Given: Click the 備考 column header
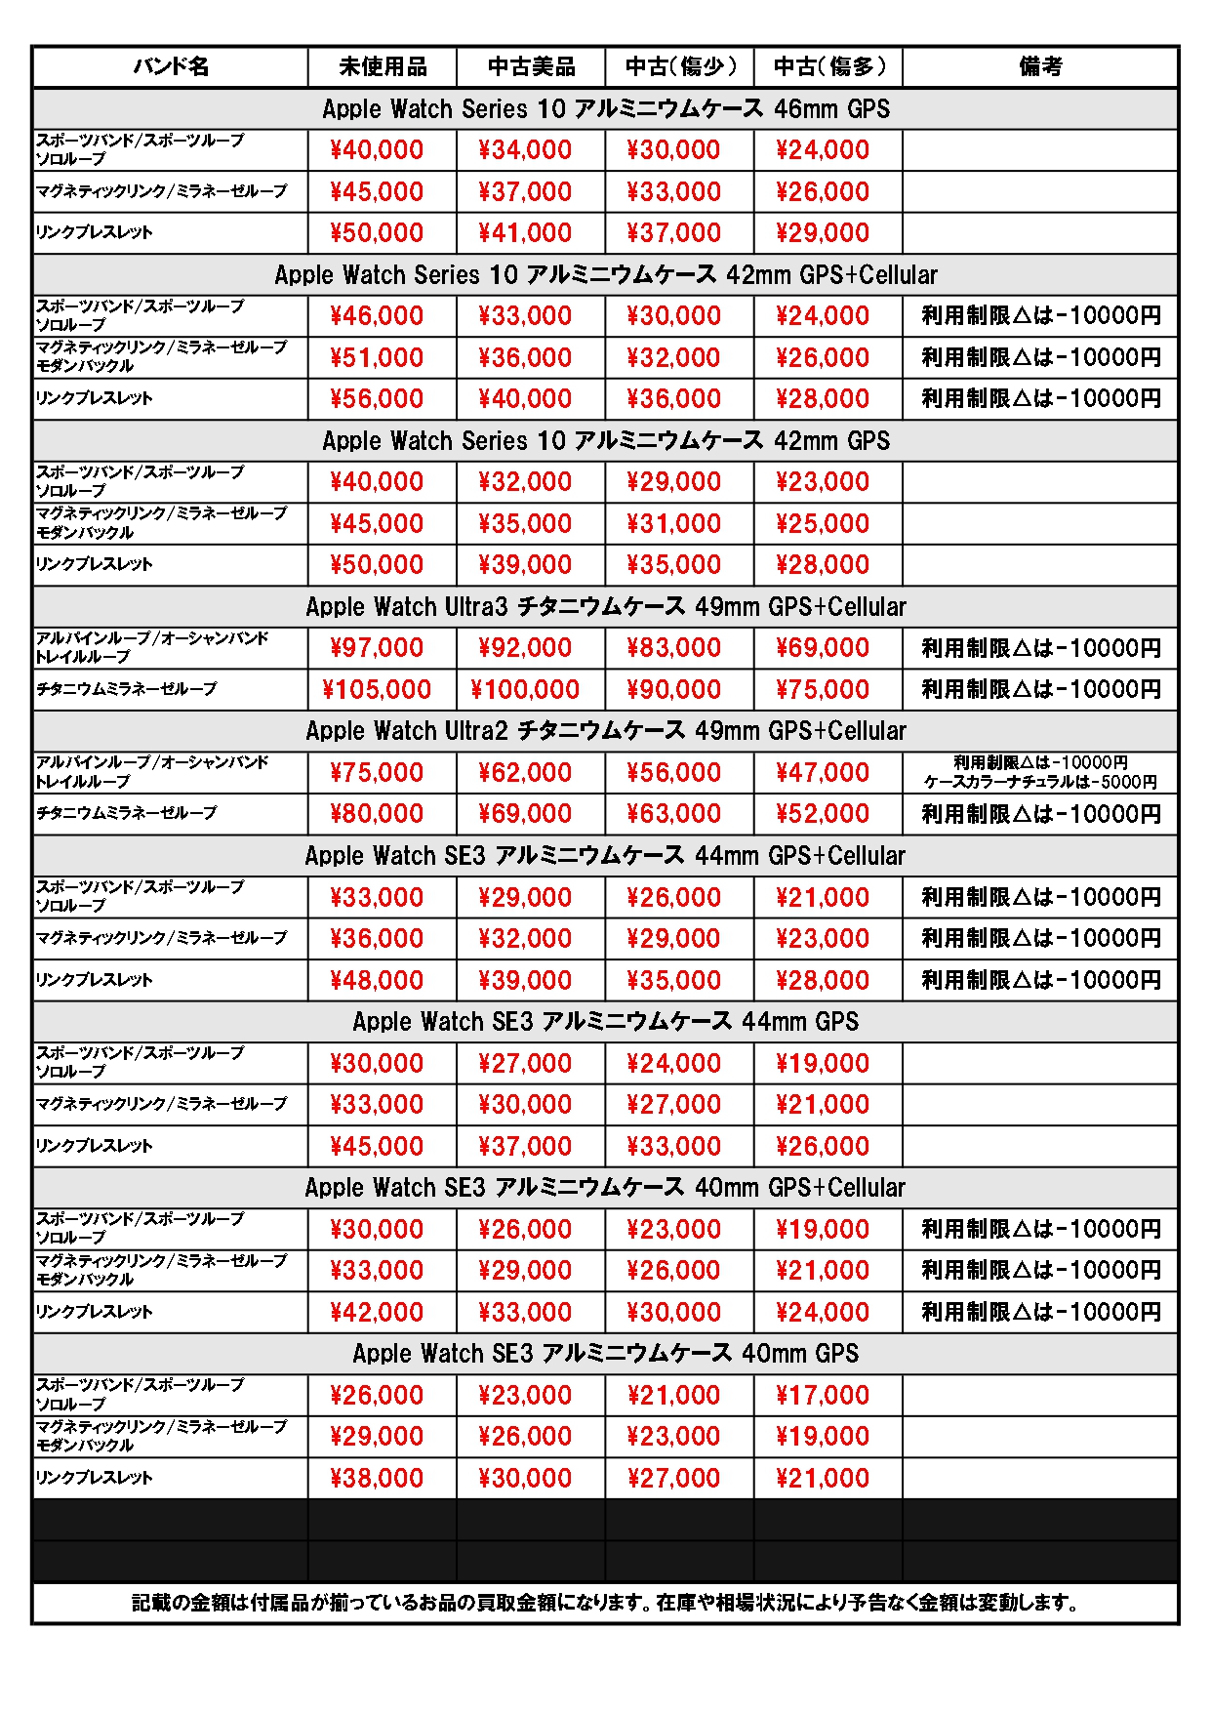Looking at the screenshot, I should tap(1040, 66).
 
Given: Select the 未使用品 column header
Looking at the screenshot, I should tap(383, 66).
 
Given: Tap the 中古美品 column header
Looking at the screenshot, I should tap(531, 66).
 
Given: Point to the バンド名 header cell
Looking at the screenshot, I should tap(171, 66).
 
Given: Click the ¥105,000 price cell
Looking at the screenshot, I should tap(377, 690).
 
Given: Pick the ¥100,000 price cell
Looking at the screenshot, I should tap(525, 690).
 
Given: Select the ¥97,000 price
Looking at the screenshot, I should tap(377, 648).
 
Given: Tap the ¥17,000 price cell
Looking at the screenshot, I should tap(823, 1396).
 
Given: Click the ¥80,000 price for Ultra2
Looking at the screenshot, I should tap(377, 814).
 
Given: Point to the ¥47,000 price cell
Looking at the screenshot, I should tap(823, 773).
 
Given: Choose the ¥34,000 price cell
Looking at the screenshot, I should tap(525, 150).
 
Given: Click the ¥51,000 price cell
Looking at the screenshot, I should tap(377, 358).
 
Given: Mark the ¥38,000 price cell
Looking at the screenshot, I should tap(377, 1479).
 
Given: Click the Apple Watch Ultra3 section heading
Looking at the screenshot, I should tap(606, 607).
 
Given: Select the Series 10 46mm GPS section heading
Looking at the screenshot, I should tap(606, 109).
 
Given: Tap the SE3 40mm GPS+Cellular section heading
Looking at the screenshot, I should tap(605, 1188).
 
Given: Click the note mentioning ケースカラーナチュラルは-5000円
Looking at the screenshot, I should tap(1040, 782).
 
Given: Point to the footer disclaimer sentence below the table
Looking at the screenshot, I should tap(605, 1603).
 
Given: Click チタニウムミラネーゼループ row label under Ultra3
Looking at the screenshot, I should tap(127, 689).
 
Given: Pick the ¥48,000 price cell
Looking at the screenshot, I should tap(377, 981).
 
